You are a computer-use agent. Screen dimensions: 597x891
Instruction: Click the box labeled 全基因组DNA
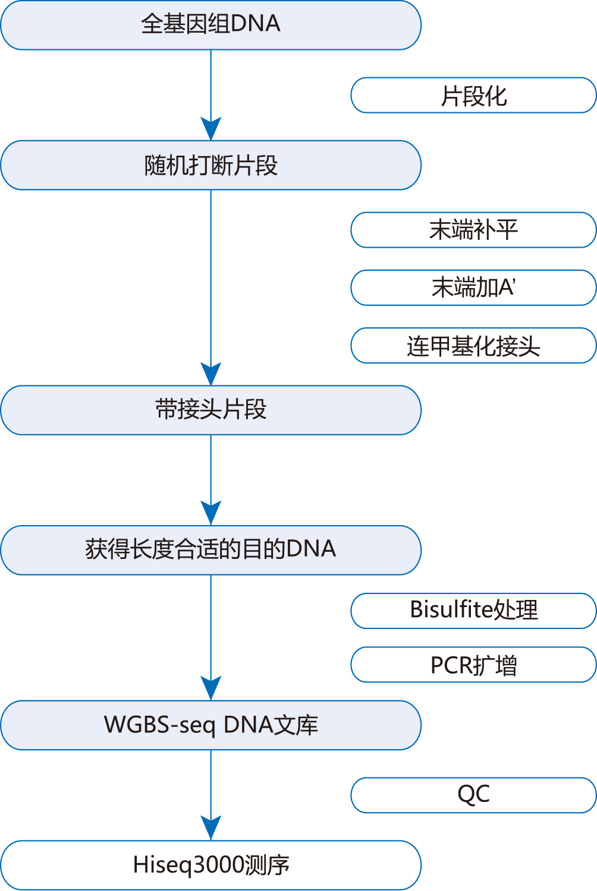210,25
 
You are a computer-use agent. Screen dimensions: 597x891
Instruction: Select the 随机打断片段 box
210,165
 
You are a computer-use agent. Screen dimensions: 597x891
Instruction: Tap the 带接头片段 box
210,410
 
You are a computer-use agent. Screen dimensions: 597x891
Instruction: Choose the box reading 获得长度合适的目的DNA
210,550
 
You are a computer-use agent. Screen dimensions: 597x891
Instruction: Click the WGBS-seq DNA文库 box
210,725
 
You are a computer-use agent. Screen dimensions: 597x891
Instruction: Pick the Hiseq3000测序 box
210,865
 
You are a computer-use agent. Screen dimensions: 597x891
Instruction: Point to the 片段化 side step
473,95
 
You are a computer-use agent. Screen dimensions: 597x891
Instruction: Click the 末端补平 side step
473,230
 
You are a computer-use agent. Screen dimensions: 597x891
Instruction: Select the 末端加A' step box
473,287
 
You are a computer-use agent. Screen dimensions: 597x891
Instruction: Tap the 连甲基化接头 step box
473,345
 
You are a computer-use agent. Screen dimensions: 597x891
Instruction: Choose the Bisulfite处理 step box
473,611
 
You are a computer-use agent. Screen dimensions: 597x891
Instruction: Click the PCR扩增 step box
473,665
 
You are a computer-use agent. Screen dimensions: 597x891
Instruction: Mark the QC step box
473,795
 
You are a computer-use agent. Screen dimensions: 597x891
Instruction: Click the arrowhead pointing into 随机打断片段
210,129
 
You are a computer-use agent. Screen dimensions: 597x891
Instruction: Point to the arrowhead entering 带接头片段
210,374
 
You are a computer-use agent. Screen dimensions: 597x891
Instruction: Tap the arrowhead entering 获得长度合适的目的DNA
210,514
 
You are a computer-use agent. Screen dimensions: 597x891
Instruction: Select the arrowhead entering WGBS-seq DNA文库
210,688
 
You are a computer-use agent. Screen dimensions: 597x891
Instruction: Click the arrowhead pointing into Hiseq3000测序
210,829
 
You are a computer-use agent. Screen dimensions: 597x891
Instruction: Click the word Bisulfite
451,609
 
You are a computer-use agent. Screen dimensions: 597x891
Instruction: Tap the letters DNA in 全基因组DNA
255,24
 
